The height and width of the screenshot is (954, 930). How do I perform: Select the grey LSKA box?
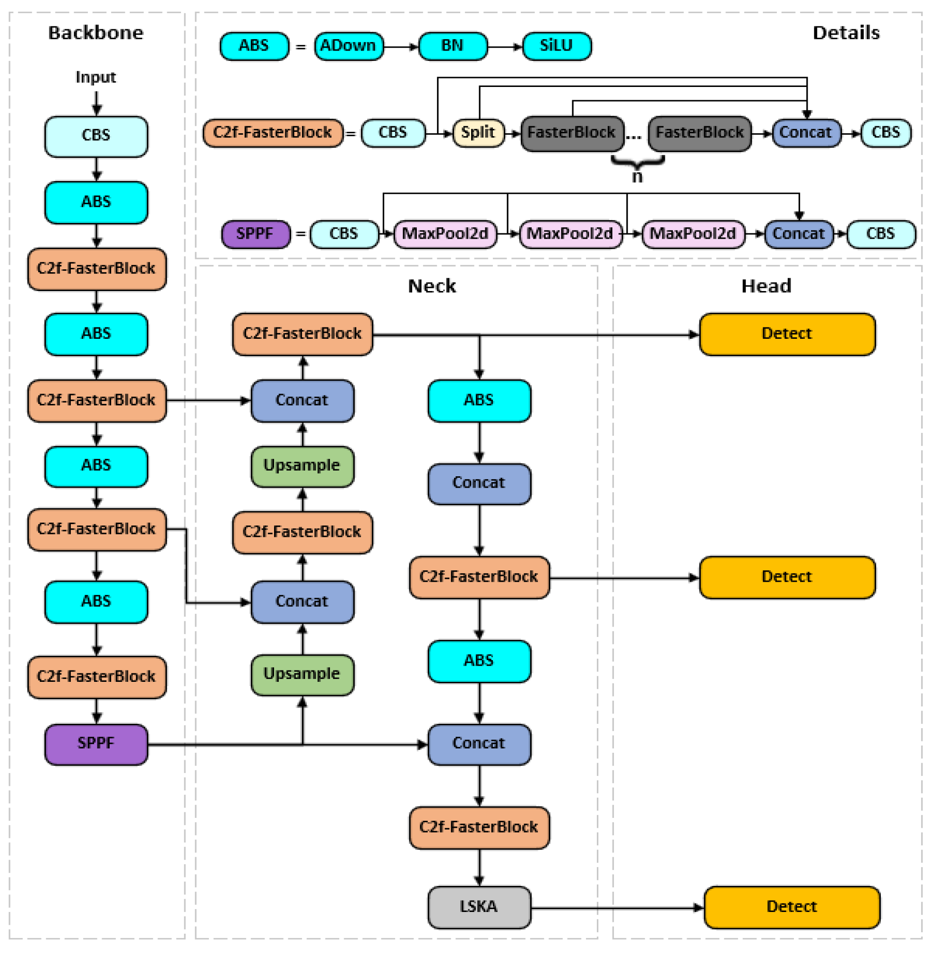pyautogui.click(x=479, y=908)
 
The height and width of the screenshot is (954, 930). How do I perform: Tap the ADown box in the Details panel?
pyautogui.click(x=349, y=46)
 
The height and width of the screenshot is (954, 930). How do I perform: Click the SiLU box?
pyautogui.click(x=557, y=46)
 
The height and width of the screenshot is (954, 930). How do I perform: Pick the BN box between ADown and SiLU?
pyautogui.click(x=453, y=46)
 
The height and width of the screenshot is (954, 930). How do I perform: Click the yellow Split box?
pyautogui.click(x=478, y=133)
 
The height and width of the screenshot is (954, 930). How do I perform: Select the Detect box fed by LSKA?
pyautogui.click(x=792, y=908)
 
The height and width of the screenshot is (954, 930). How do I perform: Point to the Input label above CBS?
pyautogui.click(x=96, y=77)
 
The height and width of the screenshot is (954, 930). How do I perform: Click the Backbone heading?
pyautogui.click(x=96, y=33)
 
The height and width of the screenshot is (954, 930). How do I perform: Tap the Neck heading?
pyautogui.click(x=432, y=286)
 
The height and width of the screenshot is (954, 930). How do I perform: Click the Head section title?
pyautogui.click(x=766, y=286)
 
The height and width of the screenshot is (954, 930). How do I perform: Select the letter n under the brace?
pyautogui.click(x=637, y=176)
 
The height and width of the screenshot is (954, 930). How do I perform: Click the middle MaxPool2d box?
pyautogui.click(x=570, y=234)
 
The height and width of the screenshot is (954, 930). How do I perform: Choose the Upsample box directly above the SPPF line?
pyautogui.click(x=302, y=675)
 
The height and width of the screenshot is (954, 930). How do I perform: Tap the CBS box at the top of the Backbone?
pyautogui.click(x=96, y=136)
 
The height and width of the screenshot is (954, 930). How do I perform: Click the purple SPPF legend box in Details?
pyautogui.click(x=256, y=234)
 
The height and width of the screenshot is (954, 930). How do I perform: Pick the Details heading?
pyautogui.click(x=846, y=33)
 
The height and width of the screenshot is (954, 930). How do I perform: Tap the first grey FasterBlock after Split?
pyautogui.click(x=572, y=133)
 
